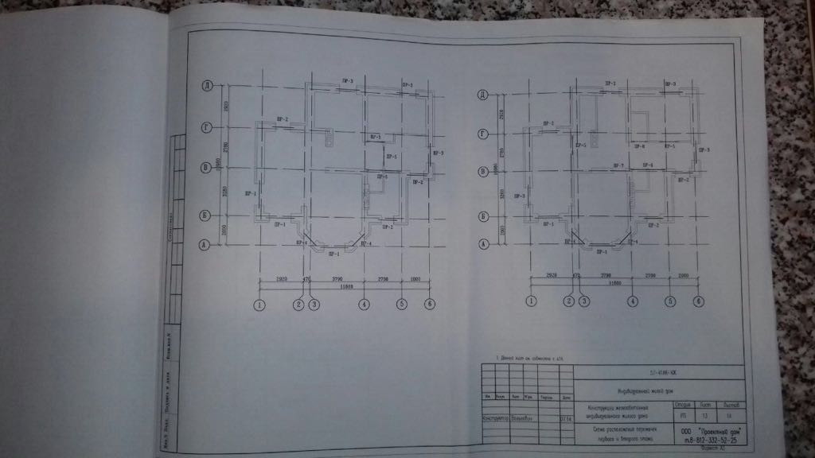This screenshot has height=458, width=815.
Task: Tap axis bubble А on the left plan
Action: coord(205,246)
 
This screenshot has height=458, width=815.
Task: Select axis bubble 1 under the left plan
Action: coord(259,304)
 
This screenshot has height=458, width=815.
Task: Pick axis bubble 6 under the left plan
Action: coord(430,304)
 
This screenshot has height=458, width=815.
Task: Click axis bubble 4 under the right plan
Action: coord(633,301)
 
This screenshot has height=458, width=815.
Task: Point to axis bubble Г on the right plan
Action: coord(482,134)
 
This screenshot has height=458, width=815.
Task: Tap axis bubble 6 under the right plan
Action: coord(698,301)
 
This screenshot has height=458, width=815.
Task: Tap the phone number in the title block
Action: coord(706,440)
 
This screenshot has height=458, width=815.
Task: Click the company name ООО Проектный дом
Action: coord(707,430)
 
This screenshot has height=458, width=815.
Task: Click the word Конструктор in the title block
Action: coord(493,416)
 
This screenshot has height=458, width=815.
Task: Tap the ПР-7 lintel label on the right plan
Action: coord(617,165)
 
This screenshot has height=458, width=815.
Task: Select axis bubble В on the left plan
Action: coord(205,169)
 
